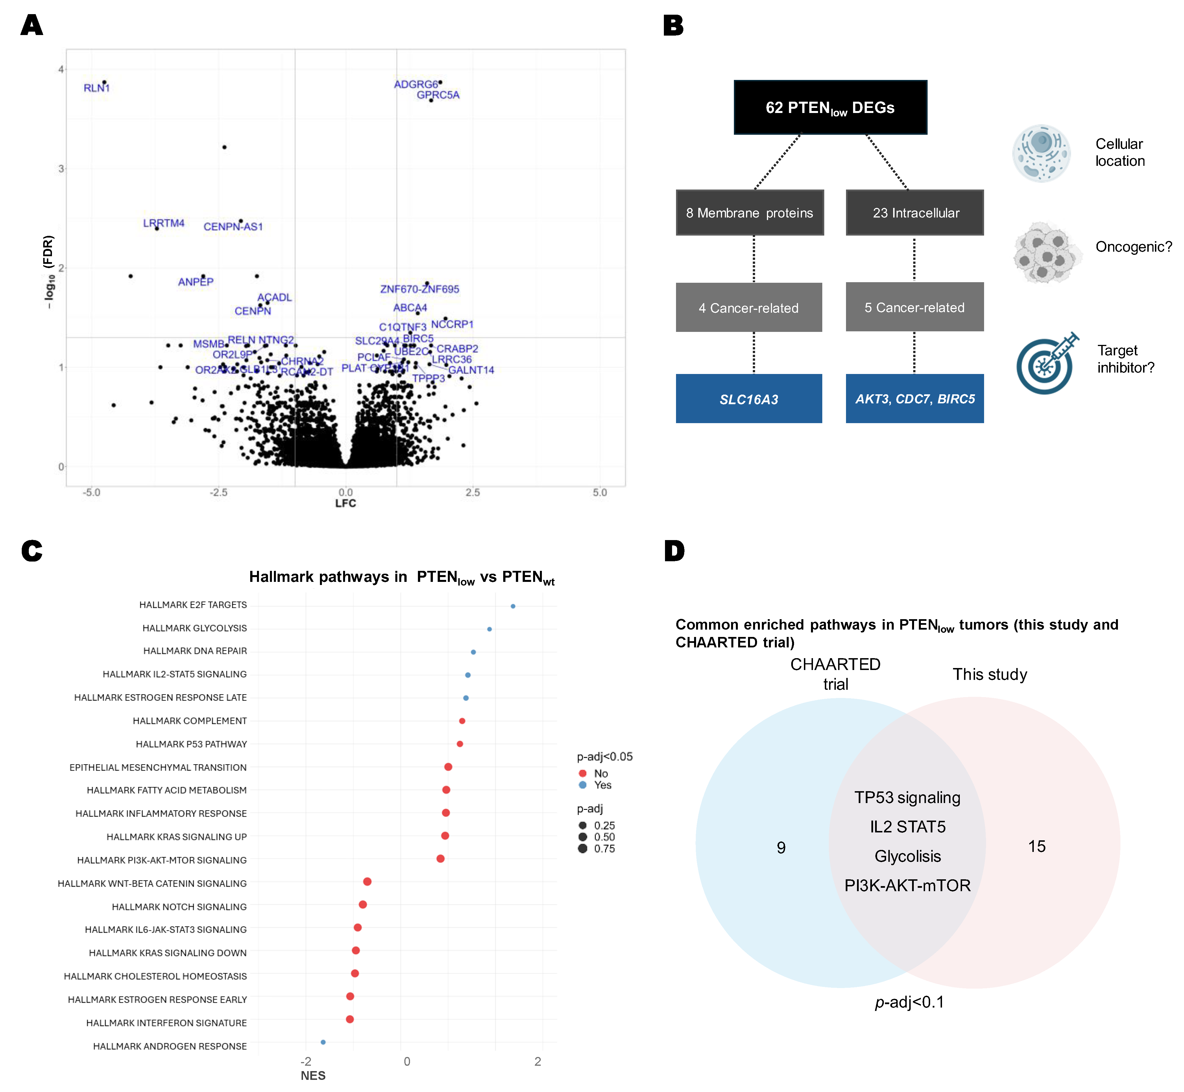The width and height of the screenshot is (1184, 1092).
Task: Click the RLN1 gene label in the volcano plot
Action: [x=96, y=88]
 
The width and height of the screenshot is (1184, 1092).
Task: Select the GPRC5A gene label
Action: [x=438, y=95]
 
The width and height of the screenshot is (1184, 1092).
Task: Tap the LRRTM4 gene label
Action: [x=164, y=223]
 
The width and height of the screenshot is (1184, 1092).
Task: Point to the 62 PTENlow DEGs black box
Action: [x=830, y=108]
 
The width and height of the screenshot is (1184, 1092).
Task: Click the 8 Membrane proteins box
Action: [x=749, y=213]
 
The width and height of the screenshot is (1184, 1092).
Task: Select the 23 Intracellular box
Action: [x=915, y=213]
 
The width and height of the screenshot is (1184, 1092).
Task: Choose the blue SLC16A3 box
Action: [x=749, y=399]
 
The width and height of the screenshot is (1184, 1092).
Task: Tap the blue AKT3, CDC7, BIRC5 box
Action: [x=915, y=399]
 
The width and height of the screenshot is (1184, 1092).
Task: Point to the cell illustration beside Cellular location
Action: [x=1041, y=153]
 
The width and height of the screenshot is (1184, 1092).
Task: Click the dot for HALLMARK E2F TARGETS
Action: [x=513, y=606]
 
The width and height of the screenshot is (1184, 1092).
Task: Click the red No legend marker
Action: [x=583, y=773]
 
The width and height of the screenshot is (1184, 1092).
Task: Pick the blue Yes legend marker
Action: [x=583, y=785]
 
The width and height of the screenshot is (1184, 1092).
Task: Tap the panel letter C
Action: [x=32, y=551]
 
